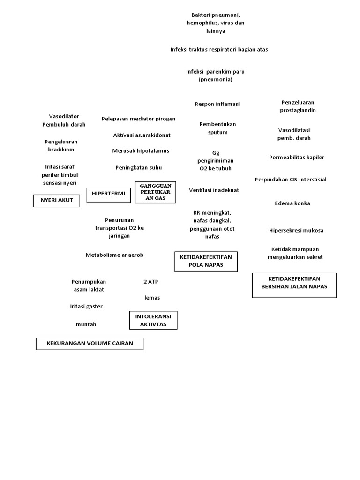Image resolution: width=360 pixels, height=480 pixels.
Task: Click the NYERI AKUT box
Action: click(57, 201)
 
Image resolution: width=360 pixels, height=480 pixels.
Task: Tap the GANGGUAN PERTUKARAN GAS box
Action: click(156, 192)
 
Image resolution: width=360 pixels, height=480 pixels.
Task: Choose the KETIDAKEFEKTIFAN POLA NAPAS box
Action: click(206, 261)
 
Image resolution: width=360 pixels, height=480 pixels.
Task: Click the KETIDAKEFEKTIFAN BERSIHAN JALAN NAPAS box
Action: click(294, 285)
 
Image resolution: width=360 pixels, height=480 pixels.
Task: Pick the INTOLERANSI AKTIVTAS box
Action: click(153, 320)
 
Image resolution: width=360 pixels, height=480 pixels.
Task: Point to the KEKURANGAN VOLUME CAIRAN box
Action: click(90, 344)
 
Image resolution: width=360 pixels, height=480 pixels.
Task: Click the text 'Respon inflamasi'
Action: click(217, 104)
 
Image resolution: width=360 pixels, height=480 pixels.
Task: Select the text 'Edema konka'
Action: click(292, 203)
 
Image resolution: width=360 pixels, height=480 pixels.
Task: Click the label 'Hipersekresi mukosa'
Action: click(296, 231)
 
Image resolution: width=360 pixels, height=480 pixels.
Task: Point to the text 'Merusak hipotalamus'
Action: click(141, 151)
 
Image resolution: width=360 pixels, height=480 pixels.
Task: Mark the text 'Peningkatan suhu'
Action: click(138, 167)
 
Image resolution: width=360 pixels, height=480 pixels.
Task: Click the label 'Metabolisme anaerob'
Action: click(114, 255)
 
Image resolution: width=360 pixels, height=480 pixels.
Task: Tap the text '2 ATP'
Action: click(151, 282)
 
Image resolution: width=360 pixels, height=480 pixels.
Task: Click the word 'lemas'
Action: click(152, 298)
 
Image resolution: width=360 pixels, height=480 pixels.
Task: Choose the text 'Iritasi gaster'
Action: click(86, 306)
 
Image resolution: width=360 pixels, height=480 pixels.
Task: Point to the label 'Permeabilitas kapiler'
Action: click(296, 157)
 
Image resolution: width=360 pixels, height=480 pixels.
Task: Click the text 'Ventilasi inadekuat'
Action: click(214, 190)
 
